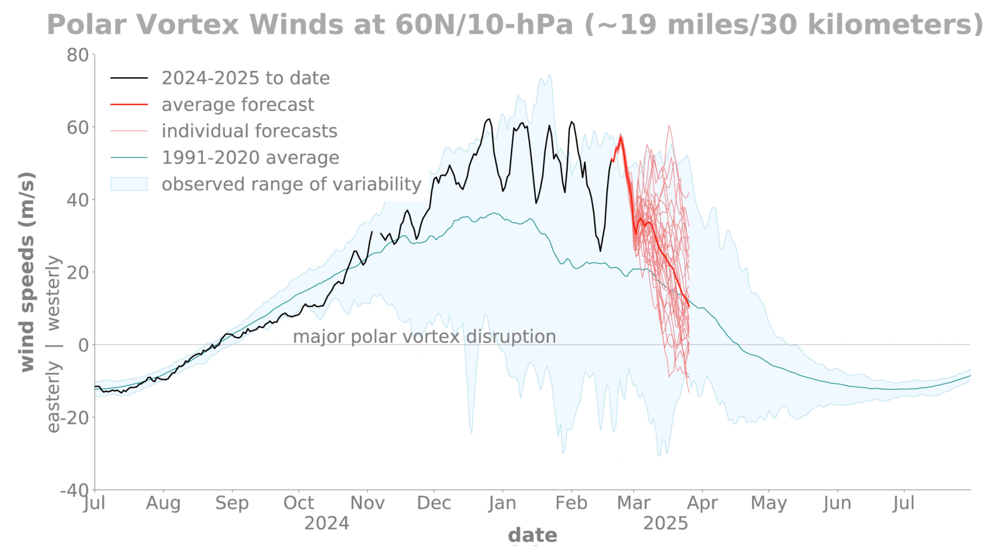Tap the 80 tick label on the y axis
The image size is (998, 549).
click(78, 55)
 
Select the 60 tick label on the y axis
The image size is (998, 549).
click(78, 127)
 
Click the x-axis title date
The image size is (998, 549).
click(532, 535)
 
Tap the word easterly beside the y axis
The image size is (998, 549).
click(53, 397)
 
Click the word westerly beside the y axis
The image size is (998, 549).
click(53, 293)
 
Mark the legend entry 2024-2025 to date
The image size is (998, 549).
click(246, 78)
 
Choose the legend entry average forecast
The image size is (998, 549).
click(237, 105)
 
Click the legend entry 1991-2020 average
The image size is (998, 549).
click(250, 158)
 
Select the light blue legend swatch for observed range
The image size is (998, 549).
click(129, 184)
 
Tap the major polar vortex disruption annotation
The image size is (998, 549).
click(424, 336)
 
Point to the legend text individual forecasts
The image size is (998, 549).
click(249, 131)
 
